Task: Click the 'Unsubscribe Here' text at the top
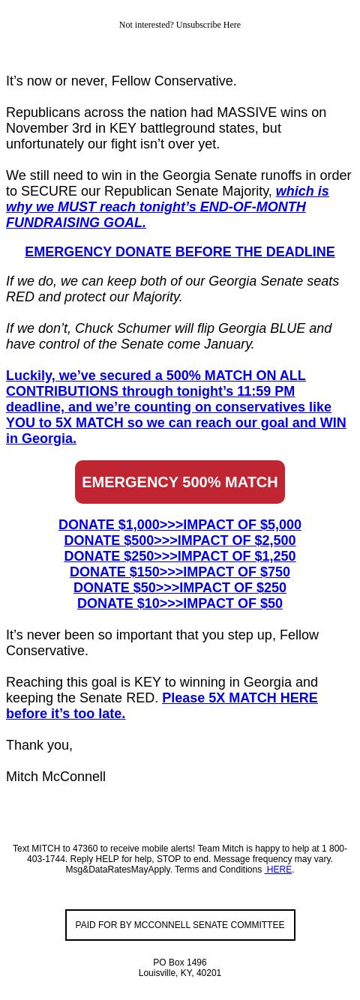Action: (208, 25)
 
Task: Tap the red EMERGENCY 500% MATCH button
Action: (180, 482)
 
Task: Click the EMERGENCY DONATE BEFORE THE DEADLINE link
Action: (180, 252)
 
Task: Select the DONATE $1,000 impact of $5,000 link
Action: (180, 525)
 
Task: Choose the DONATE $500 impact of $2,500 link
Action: (180, 540)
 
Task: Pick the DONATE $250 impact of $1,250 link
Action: (180, 556)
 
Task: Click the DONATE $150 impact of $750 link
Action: (180, 572)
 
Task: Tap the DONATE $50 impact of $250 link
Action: (180, 588)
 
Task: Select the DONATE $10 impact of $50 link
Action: (180, 603)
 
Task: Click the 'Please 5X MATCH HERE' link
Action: (239, 698)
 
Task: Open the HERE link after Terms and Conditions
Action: (278, 870)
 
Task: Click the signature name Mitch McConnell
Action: (55, 777)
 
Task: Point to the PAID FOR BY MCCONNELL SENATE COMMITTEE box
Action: (180, 925)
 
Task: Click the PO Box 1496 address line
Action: (180, 963)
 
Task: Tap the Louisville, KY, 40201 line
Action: (180, 973)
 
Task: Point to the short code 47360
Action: (85, 849)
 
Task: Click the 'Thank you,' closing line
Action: (39, 745)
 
